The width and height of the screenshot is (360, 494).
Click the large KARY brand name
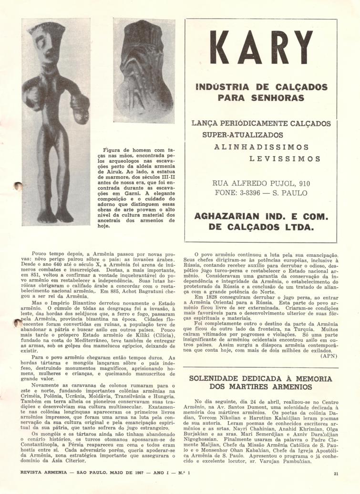coord(261,51)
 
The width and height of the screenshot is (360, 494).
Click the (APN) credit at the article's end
coord(329,356)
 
